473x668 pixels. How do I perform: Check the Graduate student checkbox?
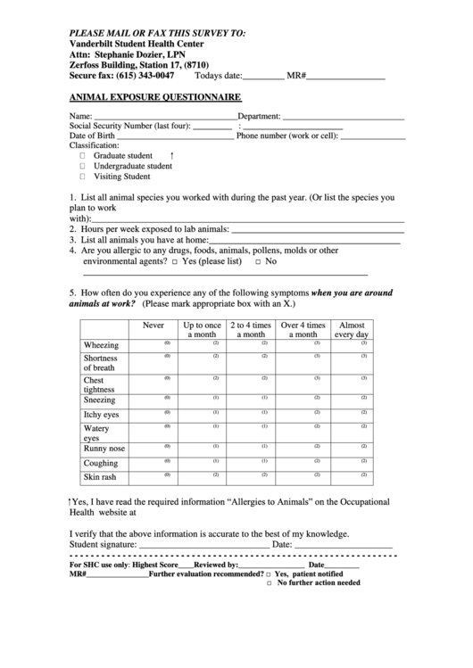tap(82, 155)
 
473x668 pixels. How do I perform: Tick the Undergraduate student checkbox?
tap(82, 166)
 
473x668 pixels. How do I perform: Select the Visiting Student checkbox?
tap(82, 177)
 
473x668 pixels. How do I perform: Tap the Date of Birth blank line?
tap(175, 138)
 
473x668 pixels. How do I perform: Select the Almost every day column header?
tap(352, 331)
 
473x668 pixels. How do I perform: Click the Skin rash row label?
tap(100, 478)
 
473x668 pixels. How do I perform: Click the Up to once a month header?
tap(203, 331)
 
